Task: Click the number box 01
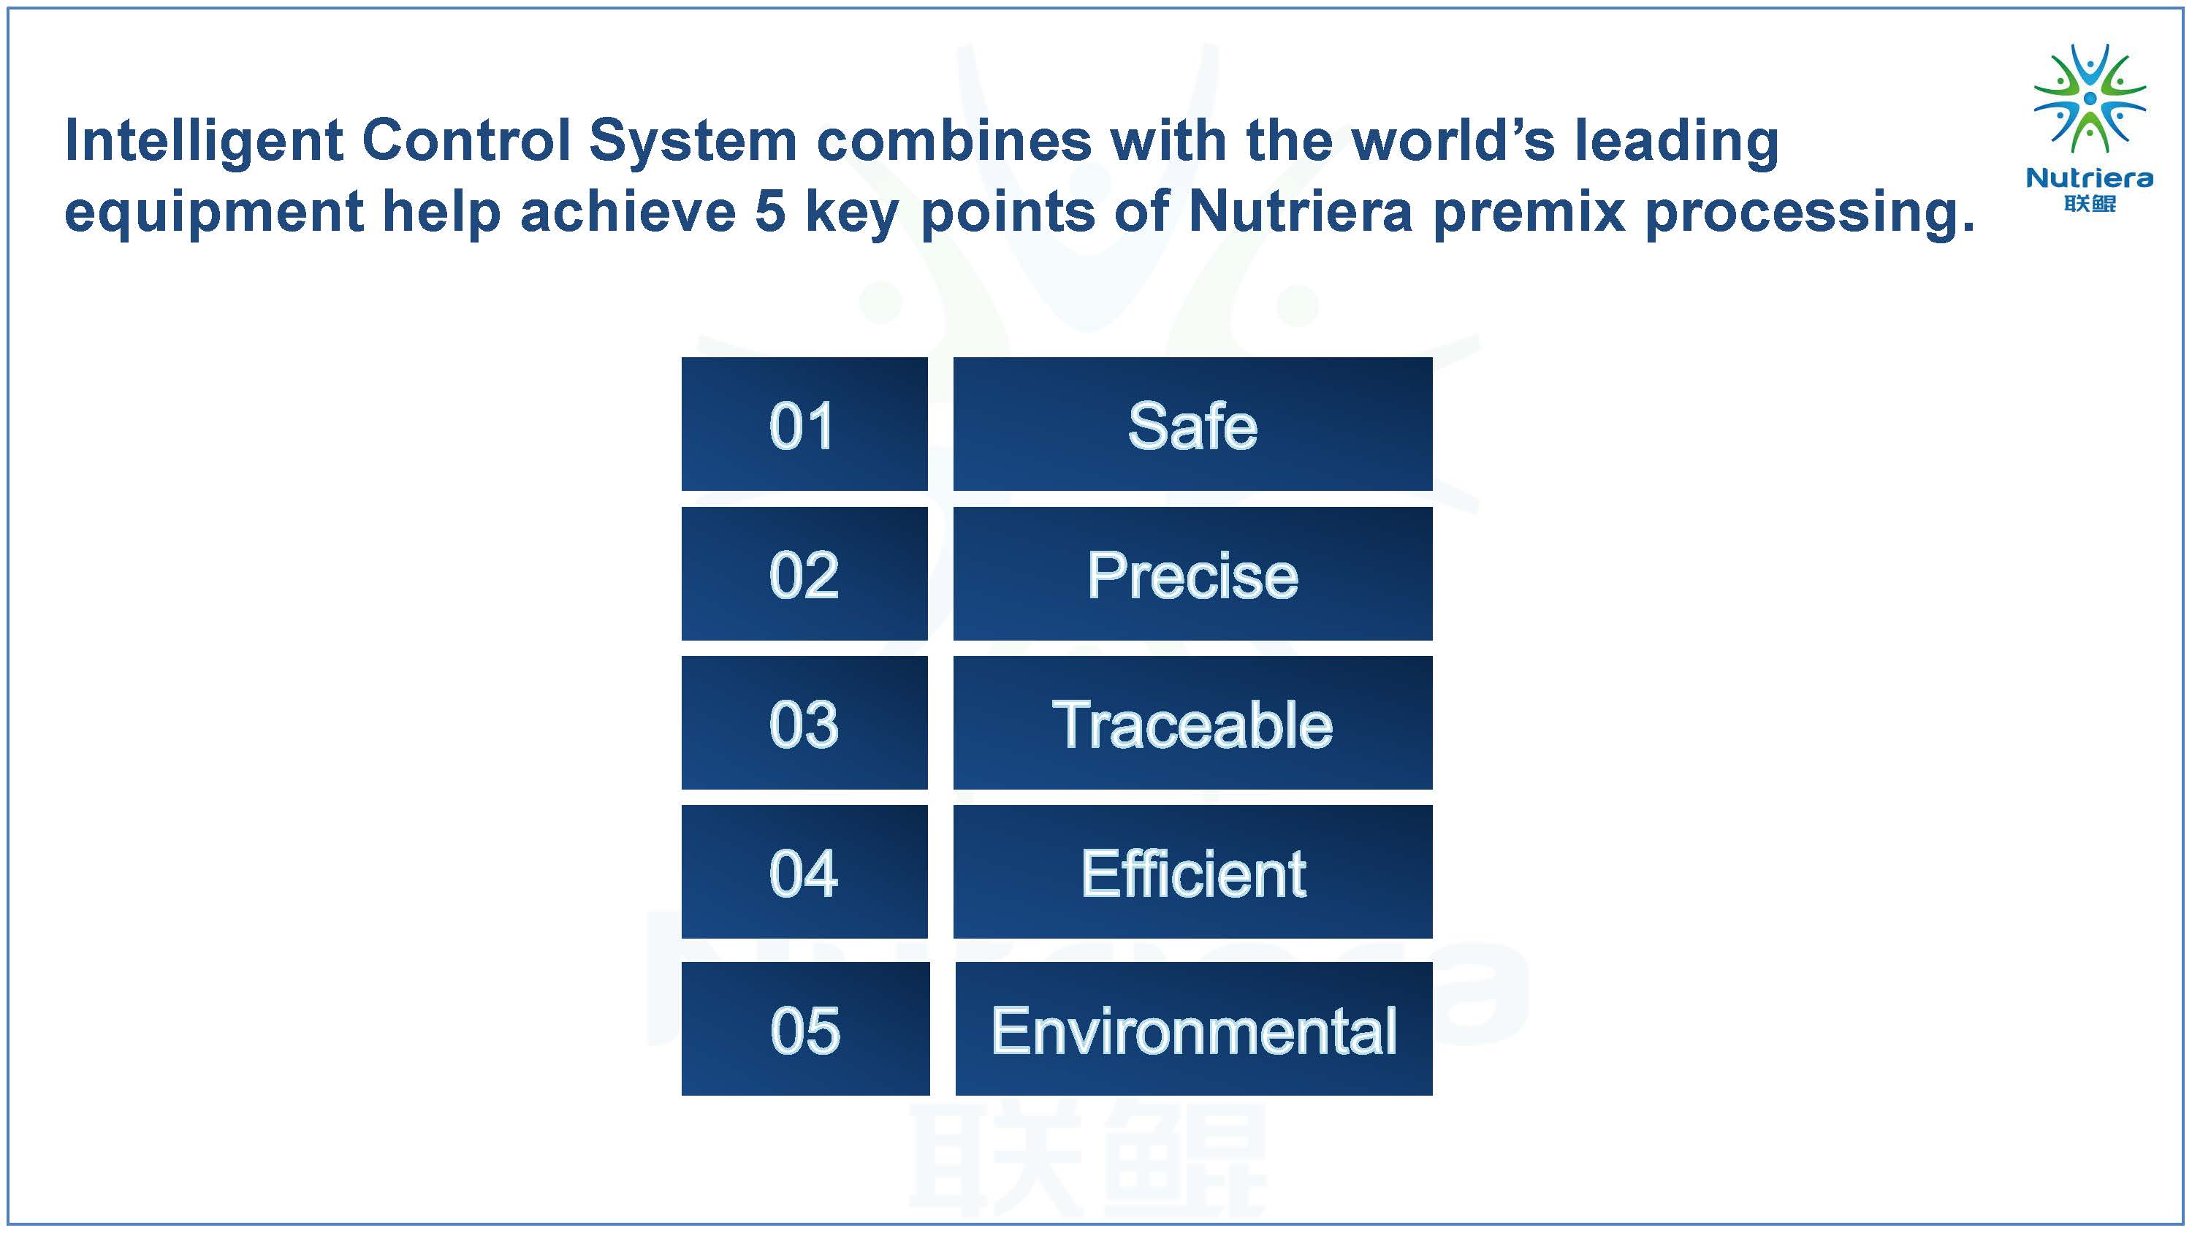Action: (x=804, y=424)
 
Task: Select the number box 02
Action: (x=804, y=573)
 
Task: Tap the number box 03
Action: (x=804, y=722)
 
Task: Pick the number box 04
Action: (x=804, y=871)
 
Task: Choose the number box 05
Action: (x=805, y=1028)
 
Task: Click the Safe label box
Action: (x=1193, y=424)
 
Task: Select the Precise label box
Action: (x=1193, y=573)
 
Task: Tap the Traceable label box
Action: (x=1193, y=722)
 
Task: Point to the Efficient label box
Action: (x=1193, y=871)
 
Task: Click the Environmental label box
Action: (x=1194, y=1028)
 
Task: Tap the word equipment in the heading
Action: (x=213, y=213)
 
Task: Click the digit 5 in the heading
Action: (x=770, y=211)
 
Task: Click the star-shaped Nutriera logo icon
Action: (x=2090, y=99)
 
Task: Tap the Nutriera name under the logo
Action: (x=2090, y=177)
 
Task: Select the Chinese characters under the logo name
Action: (x=2090, y=203)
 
